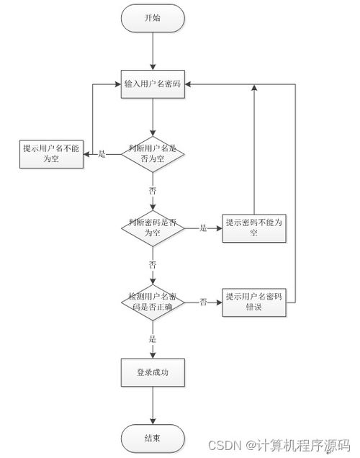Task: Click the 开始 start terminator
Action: coord(153,17)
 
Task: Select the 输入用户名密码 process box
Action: coord(153,84)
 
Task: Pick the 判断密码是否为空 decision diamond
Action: coord(153,228)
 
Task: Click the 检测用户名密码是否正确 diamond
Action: coord(153,302)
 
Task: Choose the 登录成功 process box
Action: coord(153,372)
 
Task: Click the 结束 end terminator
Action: coord(153,438)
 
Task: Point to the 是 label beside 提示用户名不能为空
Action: coord(102,154)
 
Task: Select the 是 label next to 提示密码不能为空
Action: coord(203,228)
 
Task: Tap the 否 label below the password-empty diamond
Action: coord(153,264)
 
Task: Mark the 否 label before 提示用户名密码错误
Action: coord(204,302)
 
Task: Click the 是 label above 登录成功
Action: coord(153,338)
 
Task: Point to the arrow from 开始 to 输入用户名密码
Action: coord(153,50)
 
